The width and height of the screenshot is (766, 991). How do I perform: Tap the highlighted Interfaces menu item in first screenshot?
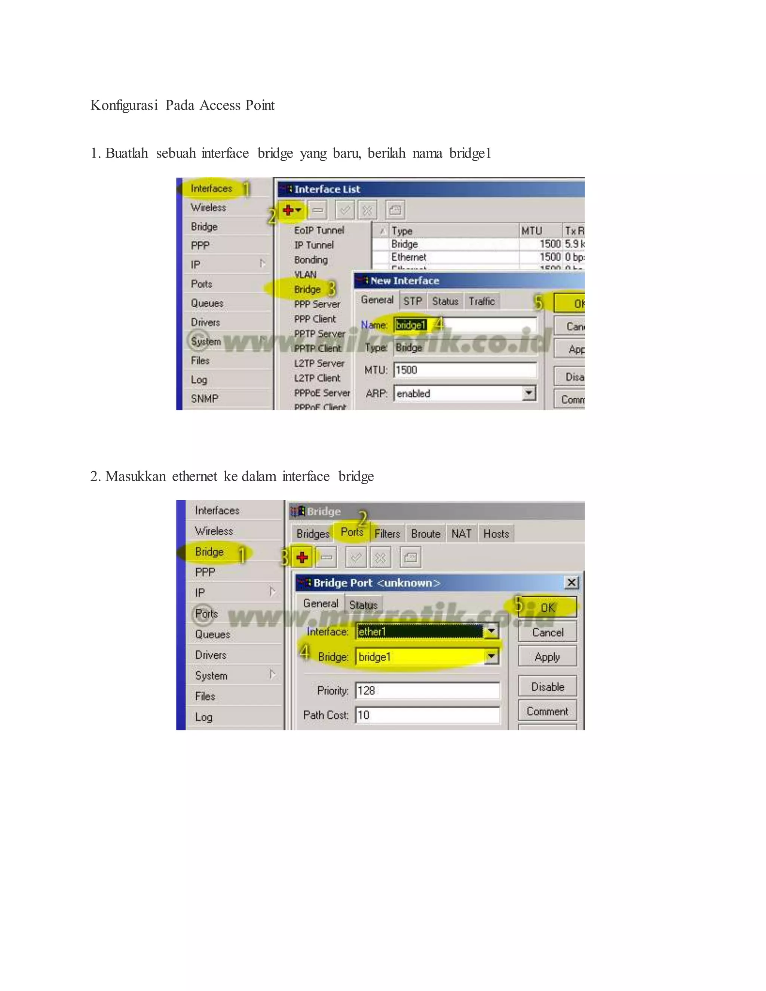click(211, 188)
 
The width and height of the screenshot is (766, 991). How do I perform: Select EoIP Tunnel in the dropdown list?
click(319, 230)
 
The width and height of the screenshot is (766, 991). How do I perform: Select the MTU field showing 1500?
click(464, 370)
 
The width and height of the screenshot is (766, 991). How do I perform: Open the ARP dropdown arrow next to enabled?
click(528, 393)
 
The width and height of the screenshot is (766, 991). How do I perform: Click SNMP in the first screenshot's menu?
click(205, 398)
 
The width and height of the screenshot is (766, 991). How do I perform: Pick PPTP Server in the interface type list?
click(319, 334)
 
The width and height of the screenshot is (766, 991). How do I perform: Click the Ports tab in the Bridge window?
click(352, 532)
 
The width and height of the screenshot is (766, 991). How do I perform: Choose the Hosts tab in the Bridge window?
click(496, 534)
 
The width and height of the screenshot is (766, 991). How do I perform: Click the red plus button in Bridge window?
click(302, 557)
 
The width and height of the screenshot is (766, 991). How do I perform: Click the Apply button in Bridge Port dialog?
click(547, 657)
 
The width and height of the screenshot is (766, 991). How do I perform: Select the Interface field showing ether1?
click(420, 632)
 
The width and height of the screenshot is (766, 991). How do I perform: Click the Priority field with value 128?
click(426, 691)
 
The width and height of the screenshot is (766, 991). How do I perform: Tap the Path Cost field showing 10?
click(426, 715)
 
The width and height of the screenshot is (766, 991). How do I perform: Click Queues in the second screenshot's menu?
click(212, 634)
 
